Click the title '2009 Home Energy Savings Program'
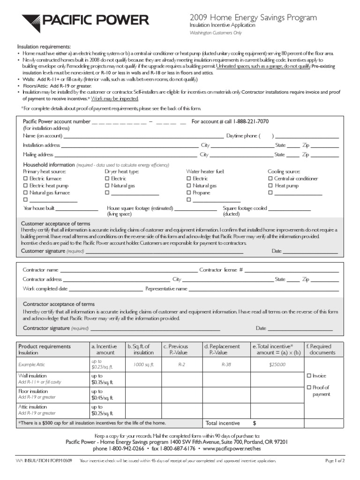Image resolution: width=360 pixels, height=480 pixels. coord(253,17)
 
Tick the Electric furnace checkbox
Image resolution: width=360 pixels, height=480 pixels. coord(26,179)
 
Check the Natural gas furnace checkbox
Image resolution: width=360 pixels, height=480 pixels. coord(26,193)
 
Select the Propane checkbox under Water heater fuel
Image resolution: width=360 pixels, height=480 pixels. coord(189,193)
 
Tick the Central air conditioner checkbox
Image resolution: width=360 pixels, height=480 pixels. coord(270,179)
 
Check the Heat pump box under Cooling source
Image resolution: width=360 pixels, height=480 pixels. coord(270,186)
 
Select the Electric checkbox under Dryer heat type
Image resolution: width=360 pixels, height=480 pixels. coord(107,179)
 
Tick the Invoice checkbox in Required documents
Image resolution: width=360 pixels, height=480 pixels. coord(308,376)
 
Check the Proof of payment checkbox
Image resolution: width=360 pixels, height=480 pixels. coord(308,387)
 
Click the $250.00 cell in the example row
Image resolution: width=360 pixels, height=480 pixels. coord(277,364)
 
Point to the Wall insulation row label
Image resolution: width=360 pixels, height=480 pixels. coord(32,376)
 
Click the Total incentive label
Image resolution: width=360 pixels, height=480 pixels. coord(223,423)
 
